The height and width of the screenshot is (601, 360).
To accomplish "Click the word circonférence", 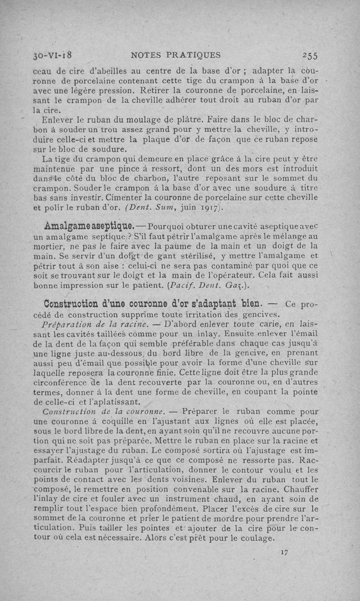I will pyautogui.click(x=60, y=383).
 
